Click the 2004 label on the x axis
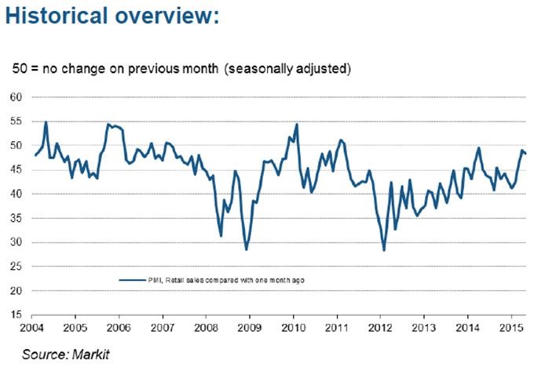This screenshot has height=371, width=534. click(x=31, y=326)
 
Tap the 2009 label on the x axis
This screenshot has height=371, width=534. click(x=250, y=326)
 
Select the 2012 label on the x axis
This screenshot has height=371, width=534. click(x=382, y=326)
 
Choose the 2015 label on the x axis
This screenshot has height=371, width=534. click(x=512, y=326)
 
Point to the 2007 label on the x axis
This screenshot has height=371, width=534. click(x=163, y=326)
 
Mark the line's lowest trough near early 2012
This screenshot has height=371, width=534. click(x=384, y=250)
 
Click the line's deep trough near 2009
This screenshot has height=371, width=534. click(x=246, y=249)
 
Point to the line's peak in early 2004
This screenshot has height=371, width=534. click(x=46, y=122)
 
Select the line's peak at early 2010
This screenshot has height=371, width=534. click(x=296, y=124)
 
